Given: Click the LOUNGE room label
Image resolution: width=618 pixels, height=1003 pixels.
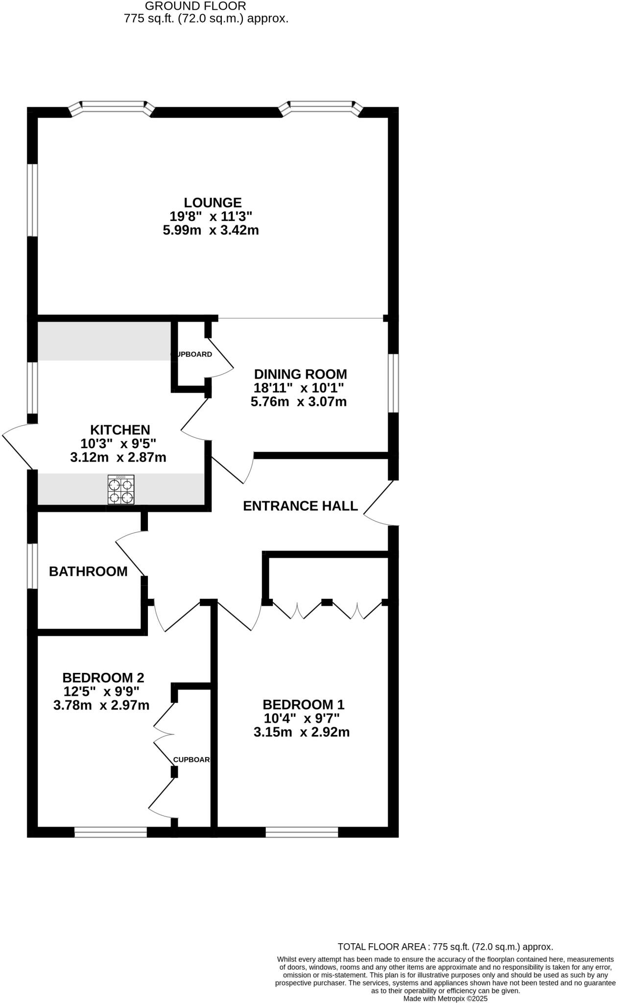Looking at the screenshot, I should pyautogui.click(x=213, y=202).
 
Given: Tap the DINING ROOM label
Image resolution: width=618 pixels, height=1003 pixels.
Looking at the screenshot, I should pyautogui.click(x=300, y=374).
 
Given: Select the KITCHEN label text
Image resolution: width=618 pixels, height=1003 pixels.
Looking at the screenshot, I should pyautogui.click(x=120, y=430).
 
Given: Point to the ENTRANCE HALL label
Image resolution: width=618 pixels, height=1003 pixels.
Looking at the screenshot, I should pyautogui.click(x=300, y=506).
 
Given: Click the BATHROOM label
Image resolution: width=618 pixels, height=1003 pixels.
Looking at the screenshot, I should pyautogui.click(x=88, y=571).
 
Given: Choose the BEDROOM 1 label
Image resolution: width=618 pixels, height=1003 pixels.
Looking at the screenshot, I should pyautogui.click(x=303, y=705).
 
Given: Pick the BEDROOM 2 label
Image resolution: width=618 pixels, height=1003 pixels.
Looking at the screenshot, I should pyautogui.click(x=103, y=678).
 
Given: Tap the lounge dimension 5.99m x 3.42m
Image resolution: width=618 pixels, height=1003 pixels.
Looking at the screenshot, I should pyautogui.click(x=211, y=230).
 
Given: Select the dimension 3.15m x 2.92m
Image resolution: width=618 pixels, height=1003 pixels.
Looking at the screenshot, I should pyautogui.click(x=301, y=733).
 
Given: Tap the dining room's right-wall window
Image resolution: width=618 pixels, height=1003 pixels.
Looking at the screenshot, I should pyautogui.click(x=393, y=383).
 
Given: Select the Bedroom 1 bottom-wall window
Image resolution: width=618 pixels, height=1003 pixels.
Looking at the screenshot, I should pyautogui.click(x=302, y=832).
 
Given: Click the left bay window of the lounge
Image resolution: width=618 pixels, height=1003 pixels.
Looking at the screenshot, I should pyautogui.click(x=113, y=107).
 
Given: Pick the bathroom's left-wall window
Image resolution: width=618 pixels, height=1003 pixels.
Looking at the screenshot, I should pyautogui.click(x=32, y=566).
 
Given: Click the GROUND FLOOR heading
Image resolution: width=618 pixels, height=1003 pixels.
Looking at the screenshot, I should pyautogui.click(x=195, y=6).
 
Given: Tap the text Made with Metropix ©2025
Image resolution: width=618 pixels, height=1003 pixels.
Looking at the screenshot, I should pyautogui.click(x=445, y=998).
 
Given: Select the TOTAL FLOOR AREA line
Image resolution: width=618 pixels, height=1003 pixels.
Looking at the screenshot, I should pyautogui.click(x=445, y=947).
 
